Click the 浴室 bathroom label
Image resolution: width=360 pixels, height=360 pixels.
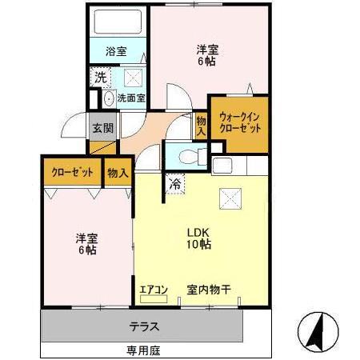coord(115,51)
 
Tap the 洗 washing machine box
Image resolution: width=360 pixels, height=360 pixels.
coord(100,78)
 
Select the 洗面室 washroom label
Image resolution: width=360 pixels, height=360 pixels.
coord(130,98)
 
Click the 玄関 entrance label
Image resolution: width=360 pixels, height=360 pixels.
coord(102,126)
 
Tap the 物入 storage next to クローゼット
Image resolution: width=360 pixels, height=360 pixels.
coord(118,171)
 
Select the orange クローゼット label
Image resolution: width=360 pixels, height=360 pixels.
coord(72,171)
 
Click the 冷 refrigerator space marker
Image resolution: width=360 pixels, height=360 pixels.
coord(175,184)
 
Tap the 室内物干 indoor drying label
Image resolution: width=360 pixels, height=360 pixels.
coord(210,290)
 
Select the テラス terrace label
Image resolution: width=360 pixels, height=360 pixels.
coord(144,326)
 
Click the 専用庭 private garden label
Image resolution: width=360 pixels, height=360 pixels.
coord(142,350)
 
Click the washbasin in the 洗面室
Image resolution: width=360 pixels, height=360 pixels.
coord(108,99)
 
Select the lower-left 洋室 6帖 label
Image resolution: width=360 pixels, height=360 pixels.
coord(86,243)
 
